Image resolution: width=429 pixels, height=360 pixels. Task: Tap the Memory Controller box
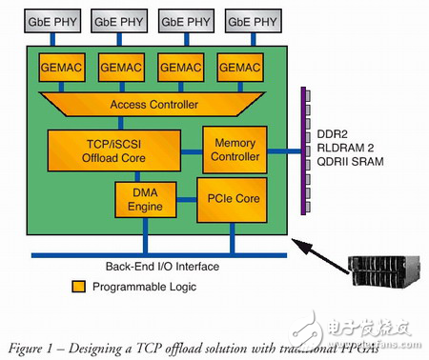pos(232,150)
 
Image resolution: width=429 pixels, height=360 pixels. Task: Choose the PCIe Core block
pos(230,200)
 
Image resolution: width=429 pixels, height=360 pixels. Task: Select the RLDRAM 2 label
pos(343,150)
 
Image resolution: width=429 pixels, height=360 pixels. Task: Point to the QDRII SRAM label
pos(346,164)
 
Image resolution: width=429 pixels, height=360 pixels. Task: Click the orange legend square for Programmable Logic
pos(76,285)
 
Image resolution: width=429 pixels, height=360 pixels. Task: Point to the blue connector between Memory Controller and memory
pos(280,150)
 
